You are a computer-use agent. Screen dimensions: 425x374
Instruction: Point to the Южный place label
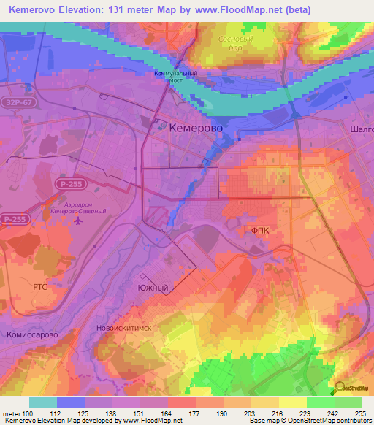[x=153, y=288]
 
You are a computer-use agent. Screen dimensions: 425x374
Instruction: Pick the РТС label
[x=39, y=287]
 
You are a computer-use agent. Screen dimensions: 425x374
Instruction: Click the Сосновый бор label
[x=234, y=42]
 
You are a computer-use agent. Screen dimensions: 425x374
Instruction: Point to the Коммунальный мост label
[x=175, y=77]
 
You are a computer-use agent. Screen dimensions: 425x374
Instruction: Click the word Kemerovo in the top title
[x=32, y=10]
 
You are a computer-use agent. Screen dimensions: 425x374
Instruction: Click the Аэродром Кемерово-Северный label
[x=79, y=207]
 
